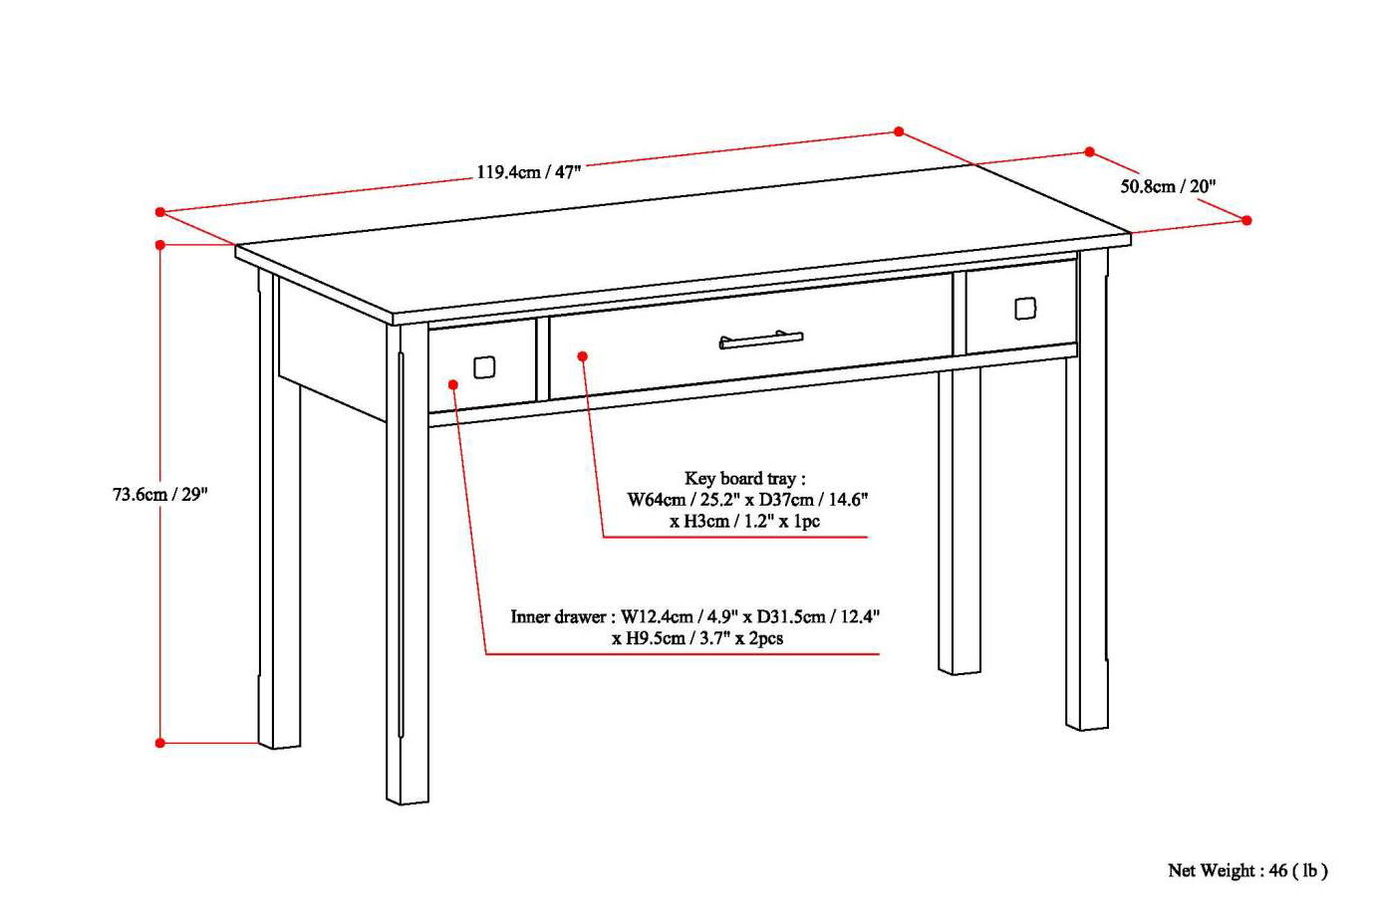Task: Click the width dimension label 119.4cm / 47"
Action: click(528, 171)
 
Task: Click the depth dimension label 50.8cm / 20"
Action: click(1168, 186)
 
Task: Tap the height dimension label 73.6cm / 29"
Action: click(159, 494)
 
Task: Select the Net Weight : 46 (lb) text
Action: click(1247, 870)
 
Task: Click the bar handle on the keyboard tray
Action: click(761, 341)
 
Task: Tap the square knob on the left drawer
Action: click(484, 367)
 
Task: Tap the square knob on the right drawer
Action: click(1025, 309)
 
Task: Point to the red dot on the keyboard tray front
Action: click(583, 355)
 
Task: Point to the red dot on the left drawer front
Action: click(453, 384)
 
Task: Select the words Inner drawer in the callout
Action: click(557, 616)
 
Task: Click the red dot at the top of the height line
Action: click(160, 244)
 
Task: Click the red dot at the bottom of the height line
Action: click(160, 743)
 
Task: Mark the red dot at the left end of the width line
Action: click(160, 212)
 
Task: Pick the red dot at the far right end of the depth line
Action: click(1246, 220)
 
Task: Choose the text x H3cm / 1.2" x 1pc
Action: click(744, 521)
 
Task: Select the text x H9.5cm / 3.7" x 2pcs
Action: click(697, 638)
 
